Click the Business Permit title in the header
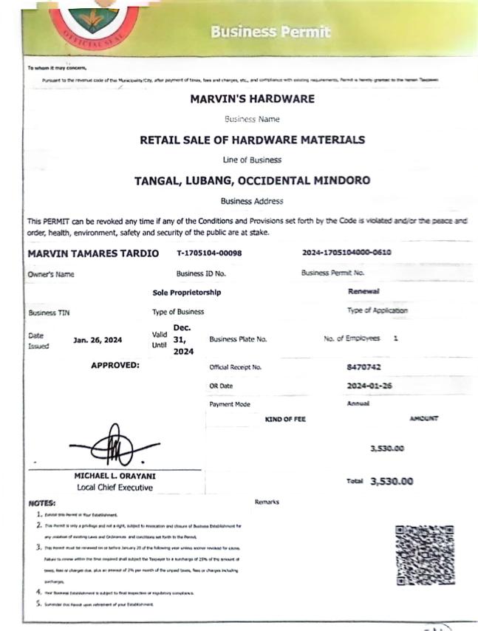coord(270,32)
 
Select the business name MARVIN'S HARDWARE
coord(252,99)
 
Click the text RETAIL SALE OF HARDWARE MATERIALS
coord(252,140)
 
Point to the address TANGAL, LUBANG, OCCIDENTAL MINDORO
coord(252,180)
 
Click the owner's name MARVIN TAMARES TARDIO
coord(93,253)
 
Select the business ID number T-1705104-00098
coord(210,253)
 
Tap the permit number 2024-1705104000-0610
coord(346,253)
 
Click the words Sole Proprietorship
coord(186,293)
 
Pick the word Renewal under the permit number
coord(363,292)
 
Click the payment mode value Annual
coord(358,403)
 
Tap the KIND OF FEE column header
coord(285,419)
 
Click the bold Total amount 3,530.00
coord(392,481)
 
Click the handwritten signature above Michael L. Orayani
coord(113,443)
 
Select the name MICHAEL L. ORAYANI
coord(115,476)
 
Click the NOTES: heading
coord(42,502)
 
